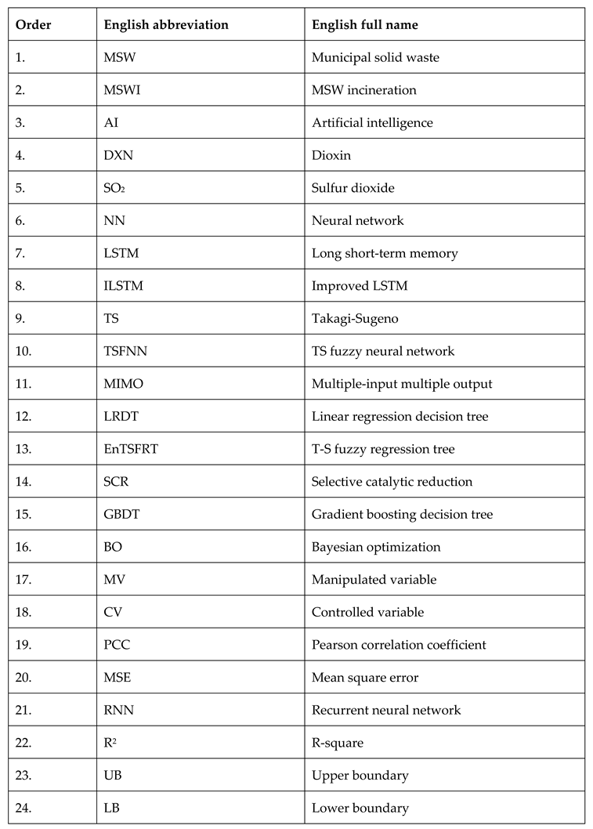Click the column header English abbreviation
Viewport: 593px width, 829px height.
pyautogui.click(x=166, y=25)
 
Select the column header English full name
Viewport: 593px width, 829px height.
pyautogui.click(x=364, y=25)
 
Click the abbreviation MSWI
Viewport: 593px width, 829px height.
pyautogui.click(x=122, y=90)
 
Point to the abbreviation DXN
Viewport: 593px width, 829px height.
pyautogui.click(x=118, y=155)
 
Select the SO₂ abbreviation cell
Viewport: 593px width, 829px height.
pyautogui.click(x=115, y=188)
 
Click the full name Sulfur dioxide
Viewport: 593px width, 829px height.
pyautogui.click(x=353, y=188)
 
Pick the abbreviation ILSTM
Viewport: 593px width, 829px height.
pyautogui.click(x=123, y=286)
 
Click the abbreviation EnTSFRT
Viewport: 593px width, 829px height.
pyautogui.click(x=130, y=449)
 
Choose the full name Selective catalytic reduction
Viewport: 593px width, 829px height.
pyautogui.click(x=392, y=482)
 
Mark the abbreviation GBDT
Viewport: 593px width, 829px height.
pyautogui.click(x=121, y=515)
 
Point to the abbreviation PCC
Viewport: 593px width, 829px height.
pyautogui.click(x=117, y=645)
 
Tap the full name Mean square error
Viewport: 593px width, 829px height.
pyautogui.click(x=363, y=678)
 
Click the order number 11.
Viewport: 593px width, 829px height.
pyautogui.click(x=24, y=384)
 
